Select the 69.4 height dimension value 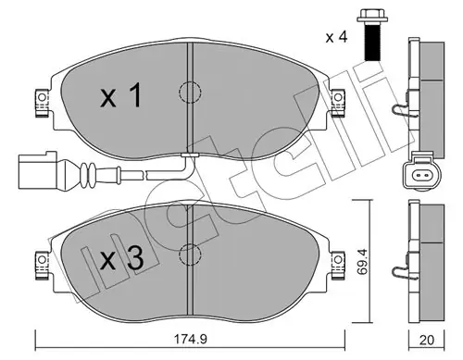[x=362, y=262]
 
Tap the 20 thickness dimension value [x=427, y=340]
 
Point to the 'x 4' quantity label [x=337, y=37]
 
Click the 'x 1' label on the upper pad [x=120, y=95]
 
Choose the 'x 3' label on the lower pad [x=122, y=258]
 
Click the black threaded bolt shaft [x=372, y=42]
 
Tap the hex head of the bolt [x=372, y=16]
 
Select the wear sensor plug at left [x=38, y=169]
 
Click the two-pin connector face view [x=421, y=176]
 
